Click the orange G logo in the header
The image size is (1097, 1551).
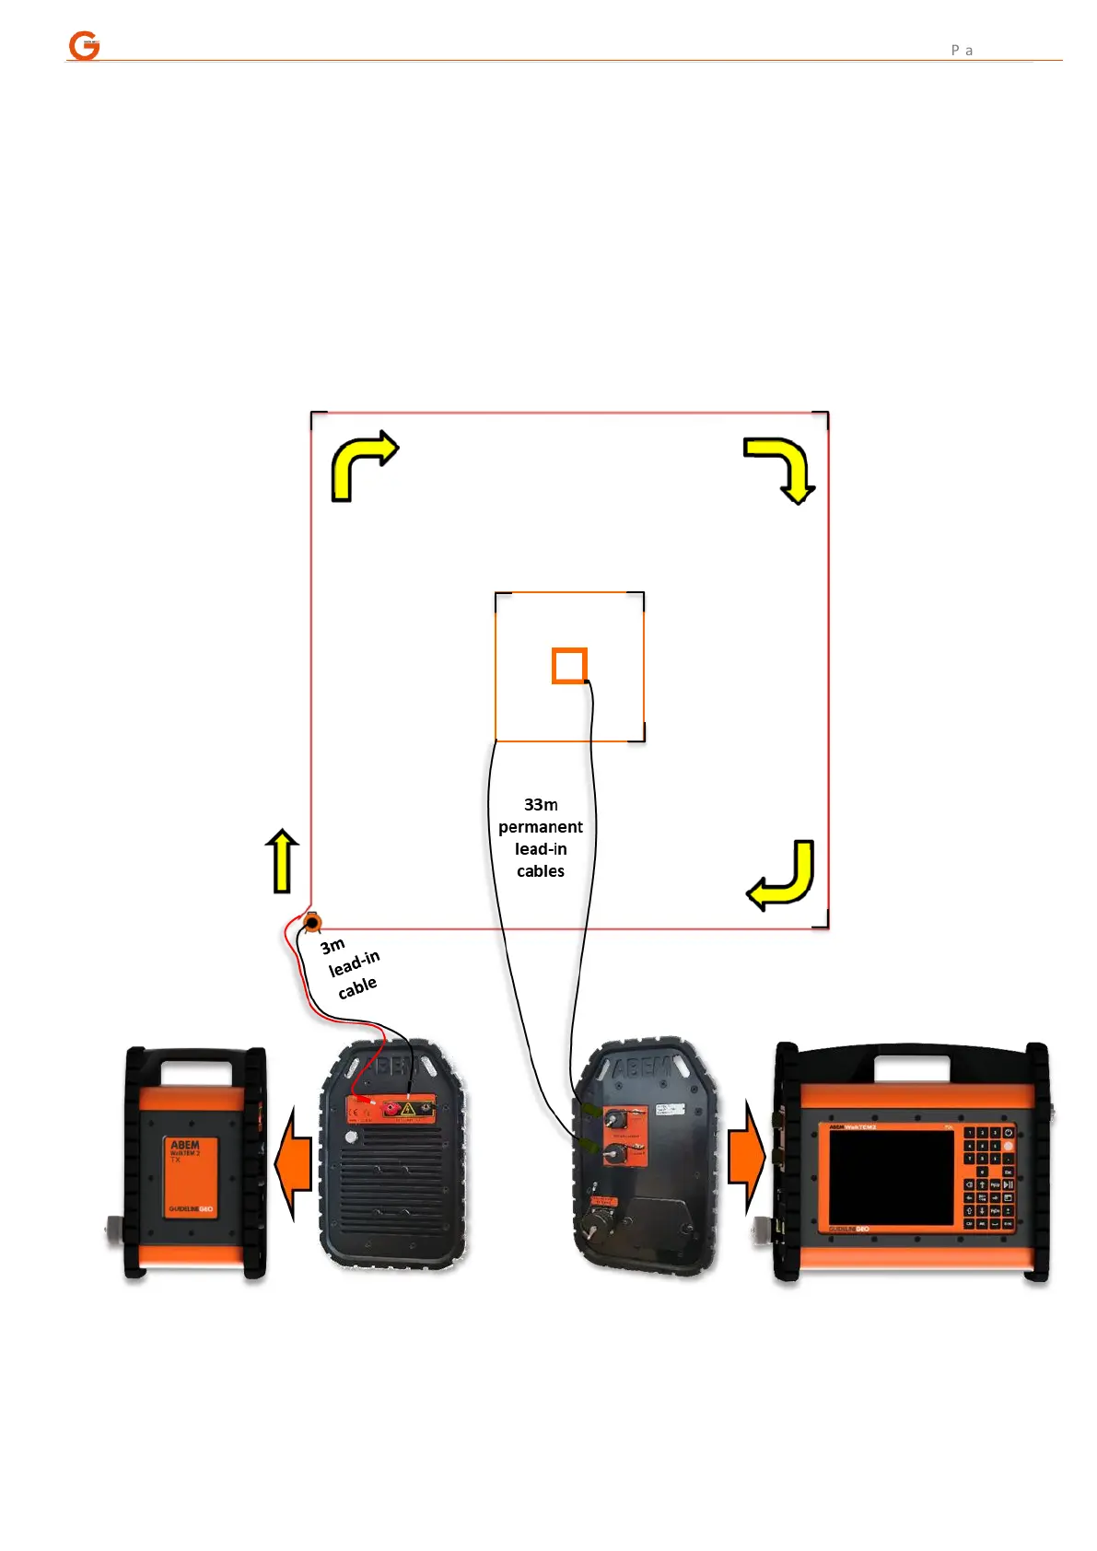tap(84, 45)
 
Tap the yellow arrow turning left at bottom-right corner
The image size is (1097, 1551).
tap(784, 877)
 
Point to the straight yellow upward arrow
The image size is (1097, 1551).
tap(283, 861)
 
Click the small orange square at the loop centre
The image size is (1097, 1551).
tap(569, 666)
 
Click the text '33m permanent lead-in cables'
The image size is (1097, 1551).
tap(541, 837)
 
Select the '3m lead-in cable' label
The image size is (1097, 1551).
tap(352, 967)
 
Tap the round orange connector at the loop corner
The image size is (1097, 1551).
tap(313, 922)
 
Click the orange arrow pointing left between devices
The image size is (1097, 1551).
tap(294, 1163)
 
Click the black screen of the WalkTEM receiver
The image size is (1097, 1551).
tap(891, 1177)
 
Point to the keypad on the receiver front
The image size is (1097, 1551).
tap(988, 1176)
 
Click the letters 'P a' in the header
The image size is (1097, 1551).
tap(962, 50)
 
